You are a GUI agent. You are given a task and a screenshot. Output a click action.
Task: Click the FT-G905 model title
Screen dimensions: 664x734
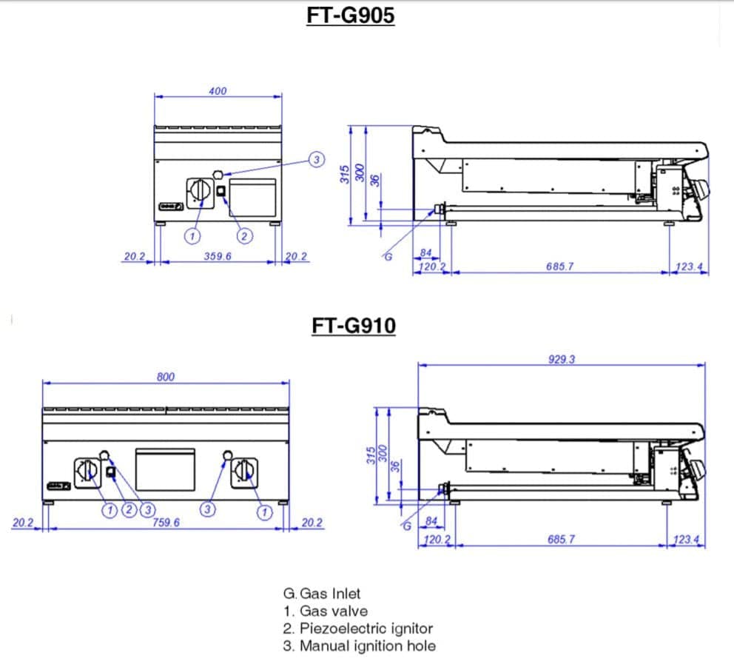351,16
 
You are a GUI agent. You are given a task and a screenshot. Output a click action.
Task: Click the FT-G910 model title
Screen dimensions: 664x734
353,326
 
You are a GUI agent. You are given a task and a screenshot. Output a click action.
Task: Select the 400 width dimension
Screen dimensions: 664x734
218,91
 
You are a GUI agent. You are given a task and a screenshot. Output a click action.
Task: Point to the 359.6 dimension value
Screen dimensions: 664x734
218,256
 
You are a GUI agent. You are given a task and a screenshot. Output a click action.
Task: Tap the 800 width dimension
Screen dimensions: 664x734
166,377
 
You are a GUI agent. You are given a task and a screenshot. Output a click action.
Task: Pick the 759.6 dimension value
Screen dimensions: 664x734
166,523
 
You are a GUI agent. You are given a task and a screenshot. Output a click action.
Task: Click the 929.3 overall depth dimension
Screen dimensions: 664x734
562,360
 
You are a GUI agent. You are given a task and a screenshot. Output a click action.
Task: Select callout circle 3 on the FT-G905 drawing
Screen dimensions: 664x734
316,159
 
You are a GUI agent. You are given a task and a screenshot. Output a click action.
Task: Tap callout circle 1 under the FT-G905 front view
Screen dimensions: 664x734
192,236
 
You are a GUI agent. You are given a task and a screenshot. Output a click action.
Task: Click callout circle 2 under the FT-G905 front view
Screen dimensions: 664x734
243,236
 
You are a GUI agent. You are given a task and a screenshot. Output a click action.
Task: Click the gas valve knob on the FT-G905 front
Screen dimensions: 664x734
199,191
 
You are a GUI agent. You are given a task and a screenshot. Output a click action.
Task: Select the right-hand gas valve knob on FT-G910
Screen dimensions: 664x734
243,472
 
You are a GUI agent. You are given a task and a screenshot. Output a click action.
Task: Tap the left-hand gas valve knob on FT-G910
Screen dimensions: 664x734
86,472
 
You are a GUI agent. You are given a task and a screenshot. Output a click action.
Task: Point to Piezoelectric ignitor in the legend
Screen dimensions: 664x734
366,628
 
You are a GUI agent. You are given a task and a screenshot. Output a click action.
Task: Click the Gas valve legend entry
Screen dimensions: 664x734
333,611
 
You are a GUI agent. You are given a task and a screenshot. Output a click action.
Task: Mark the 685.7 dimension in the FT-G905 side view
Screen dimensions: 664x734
560,266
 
